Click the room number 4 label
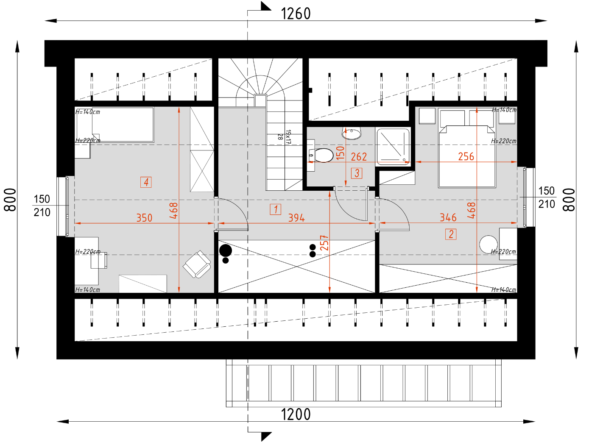tap(146, 182)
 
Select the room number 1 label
tap(275, 209)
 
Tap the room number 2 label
tap(450, 234)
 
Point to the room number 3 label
tap(357, 173)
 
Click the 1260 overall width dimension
tap(296, 14)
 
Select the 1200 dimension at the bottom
tap(296, 414)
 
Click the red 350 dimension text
tap(144, 218)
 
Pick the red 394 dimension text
tap(296, 218)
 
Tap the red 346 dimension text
tap(448, 217)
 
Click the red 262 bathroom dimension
tap(359, 157)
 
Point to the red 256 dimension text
tap(466, 156)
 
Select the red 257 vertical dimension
tap(324, 243)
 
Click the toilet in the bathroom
tap(321, 155)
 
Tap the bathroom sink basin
tap(352, 133)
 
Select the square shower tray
tap(393, 147)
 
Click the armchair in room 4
tap(197, 264)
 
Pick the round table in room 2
tap(489, 245)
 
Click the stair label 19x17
tap(288, 137)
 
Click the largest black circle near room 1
tap(226, 250)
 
